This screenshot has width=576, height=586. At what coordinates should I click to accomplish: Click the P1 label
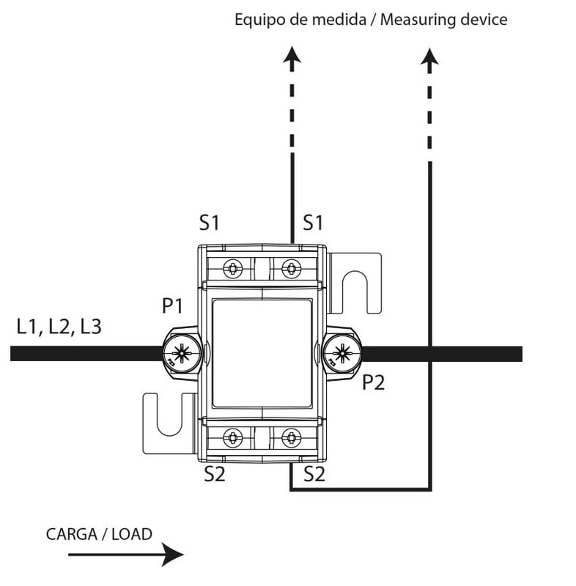pyautogui.click(x=172, y=306)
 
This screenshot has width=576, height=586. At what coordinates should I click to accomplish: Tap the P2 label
pyautogui.click(x=374, y=382)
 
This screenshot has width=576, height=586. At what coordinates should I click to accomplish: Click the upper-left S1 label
pyautogui.click(x=210, y=222)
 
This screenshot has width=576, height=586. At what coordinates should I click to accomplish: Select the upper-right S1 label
pyautogui.click(x=313, y=222)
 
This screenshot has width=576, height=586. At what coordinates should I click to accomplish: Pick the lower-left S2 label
pyautogui.click(x=214, y=475)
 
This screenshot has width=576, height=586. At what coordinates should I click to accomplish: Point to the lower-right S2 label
pyautogui.click(x=314, y=475)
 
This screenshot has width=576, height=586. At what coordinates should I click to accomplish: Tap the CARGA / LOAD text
pyautogui.click(x=99, y=533)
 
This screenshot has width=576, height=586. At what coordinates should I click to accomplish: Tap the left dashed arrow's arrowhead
pyautogui.click(x=292, y=56)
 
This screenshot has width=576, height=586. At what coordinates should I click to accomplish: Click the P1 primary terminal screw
pyautogui.click(x=180, y=354)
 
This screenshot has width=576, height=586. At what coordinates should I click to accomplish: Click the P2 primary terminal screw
pyautogui.click(x=341, y=354)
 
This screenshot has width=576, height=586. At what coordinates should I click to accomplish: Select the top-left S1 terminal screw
pyautogui.click(x=233, y=269)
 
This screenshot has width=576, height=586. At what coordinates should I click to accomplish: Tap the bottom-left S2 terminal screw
pyautogui.click(x=233, y=438)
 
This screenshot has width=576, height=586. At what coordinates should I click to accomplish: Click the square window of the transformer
pyautogui.click(x=262, y=353)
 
